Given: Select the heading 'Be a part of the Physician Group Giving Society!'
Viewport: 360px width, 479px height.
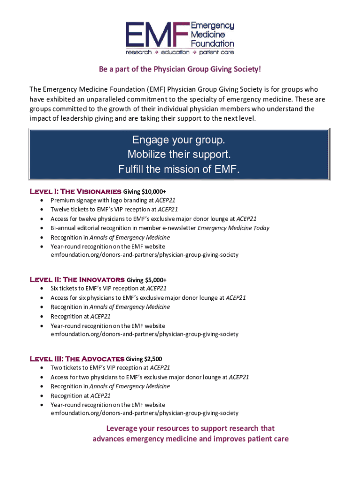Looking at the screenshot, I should (x=180, y=69).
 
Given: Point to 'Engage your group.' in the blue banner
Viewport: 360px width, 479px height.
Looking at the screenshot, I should (x=179, y=140).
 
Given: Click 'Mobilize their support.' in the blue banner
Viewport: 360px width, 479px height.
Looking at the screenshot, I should (x=179, y=154).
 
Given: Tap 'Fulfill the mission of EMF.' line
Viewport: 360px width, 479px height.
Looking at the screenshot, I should (x=179, y=169).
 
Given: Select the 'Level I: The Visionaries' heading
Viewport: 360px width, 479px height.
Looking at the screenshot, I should (x=75, y=191).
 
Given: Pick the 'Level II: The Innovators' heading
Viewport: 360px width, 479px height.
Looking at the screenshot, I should (x=77, y=280).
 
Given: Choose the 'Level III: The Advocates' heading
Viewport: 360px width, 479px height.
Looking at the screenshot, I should (x=77, y=359).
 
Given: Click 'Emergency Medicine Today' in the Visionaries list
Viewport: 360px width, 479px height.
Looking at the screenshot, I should (x=233, y=228).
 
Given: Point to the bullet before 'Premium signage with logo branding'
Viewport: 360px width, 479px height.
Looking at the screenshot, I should (x=43, y=201).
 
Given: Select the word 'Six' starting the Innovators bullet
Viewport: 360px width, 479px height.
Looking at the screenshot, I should (x=55, y=289).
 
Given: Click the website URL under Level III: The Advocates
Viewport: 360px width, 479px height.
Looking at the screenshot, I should (x=144, y=413).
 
